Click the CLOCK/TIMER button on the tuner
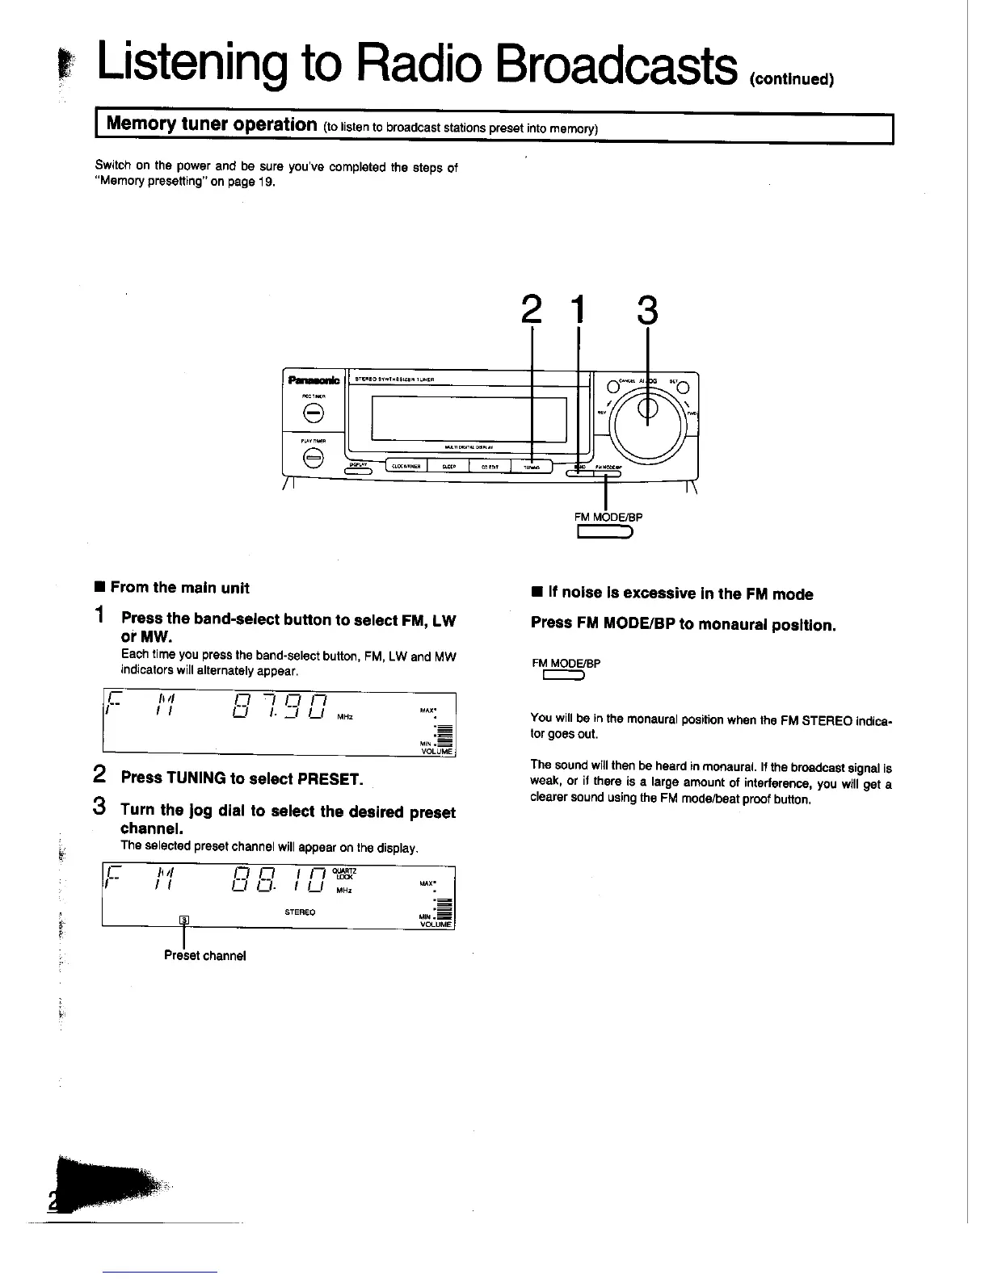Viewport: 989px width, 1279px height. coord(406,466)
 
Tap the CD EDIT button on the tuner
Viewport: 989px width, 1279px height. coord(490,466)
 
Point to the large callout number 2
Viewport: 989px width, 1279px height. coord(531,309)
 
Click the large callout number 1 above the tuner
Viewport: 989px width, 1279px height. coord(577,309)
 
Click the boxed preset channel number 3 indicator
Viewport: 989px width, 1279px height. coord(184,920)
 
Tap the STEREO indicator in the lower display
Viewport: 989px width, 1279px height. coord(300,912)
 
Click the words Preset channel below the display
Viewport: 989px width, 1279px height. coord(205,956)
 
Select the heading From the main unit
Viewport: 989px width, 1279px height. coord(179,588)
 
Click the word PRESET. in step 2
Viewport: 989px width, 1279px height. coord(330,778)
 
